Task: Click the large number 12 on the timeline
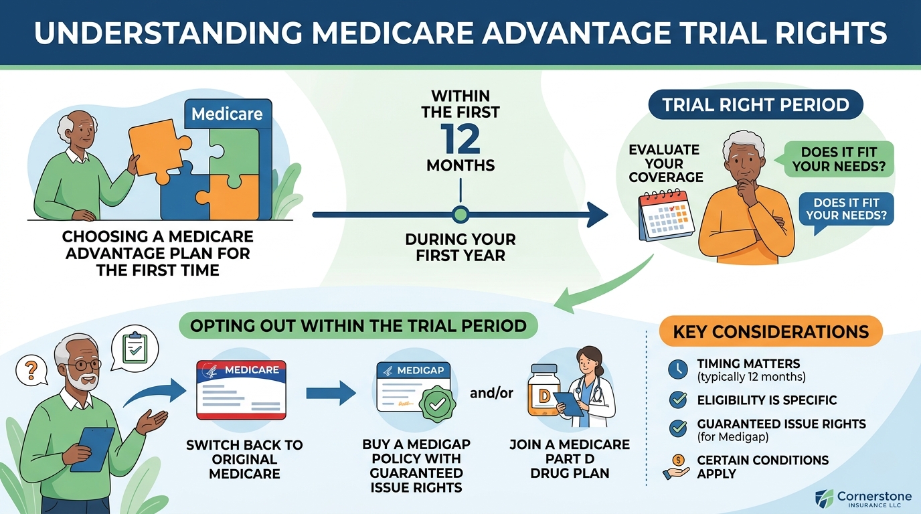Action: (x=460, y=139)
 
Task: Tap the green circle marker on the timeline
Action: (x=460, y=214)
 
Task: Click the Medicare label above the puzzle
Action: (x=228, y=114)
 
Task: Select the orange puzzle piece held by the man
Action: (x=158, y=150)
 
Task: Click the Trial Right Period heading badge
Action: (x=756, y=104)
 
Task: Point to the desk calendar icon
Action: (x=666, y=215)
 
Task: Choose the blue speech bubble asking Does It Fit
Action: (x=845, y=209)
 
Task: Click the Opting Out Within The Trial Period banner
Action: (x=358, y=326)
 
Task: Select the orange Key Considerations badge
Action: (x=770, y=331)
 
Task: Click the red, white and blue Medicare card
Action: (x=241, y=390)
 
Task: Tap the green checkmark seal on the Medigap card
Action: (x=437, y=404)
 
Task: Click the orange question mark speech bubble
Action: (x=32, y=371)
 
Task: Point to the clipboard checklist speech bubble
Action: (x=135, y=349)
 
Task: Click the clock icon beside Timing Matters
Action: (x=677, y=369)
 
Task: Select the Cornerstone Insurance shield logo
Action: (x=824, y=499)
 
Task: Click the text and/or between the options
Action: (x=491, y=393)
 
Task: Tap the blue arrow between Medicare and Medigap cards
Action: (x=331, y=393)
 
